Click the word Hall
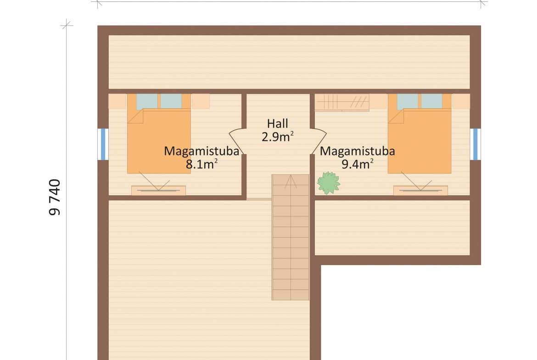pyautogui.click(x=277, y=123)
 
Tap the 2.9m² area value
pyautogui.click(x=277, y=137)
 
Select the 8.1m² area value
pyautogui.click(x=201, y=164)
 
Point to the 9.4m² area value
pyautogui.click(x=357, y=164)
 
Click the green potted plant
pyautogui.click(x=329, y=183)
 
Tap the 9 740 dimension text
pyautogui.click(x=55, y=197)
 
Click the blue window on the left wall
pyautogui.click(x=103, y=144)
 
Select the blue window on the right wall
pyautogui.click(x=475, y=144)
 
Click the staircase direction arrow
pyautogui.click(x=291, y=181)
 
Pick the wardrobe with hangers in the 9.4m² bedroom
pyautogui.click(x=342, y=103)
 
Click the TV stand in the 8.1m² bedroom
pyautogui.click(x=158, y=191)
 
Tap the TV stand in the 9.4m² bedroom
pyautogui.click(x=420, y=191)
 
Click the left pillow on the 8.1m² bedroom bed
pyautogui.click(x=147, y=102)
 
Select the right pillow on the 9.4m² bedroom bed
pyautogui.click(x=432, y=101)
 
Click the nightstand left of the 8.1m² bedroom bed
pyautogui.click(x=117, y=101)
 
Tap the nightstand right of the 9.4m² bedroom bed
pyautogui.click(x=461, y=101)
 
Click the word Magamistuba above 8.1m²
pyautogui.click(x=201, y=151)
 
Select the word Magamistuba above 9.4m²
pyautogui.click(x=357, y=151)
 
